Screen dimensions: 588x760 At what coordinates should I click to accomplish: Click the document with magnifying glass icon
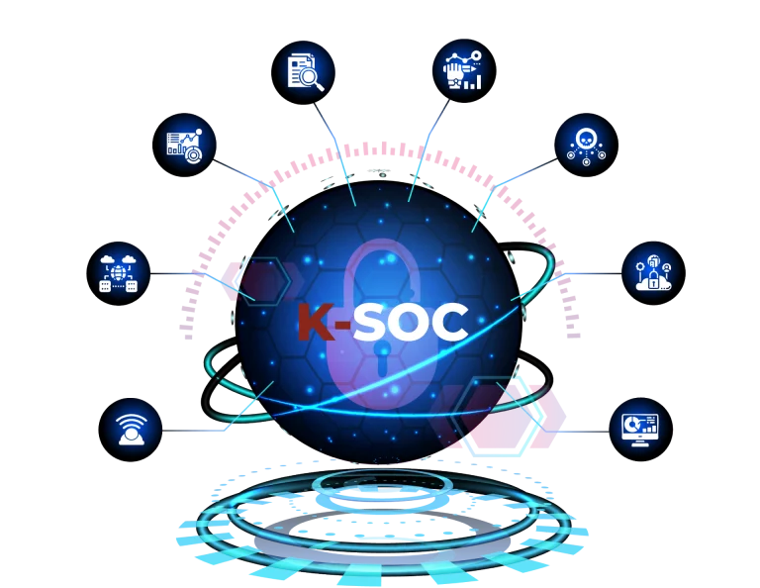[x=303, y=71]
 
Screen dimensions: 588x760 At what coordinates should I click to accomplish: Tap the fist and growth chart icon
[x=463, y=71]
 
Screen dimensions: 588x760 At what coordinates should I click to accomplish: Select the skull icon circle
[x=586, y=145]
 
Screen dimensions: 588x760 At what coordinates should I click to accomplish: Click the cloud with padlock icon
[x=652, y=272]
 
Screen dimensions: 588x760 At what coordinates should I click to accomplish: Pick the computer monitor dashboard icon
[x=640, y=429]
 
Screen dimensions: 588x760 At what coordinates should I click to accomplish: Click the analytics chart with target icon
[x=184, y=145]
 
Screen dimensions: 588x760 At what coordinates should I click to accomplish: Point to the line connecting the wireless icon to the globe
[x=198, y=432]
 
